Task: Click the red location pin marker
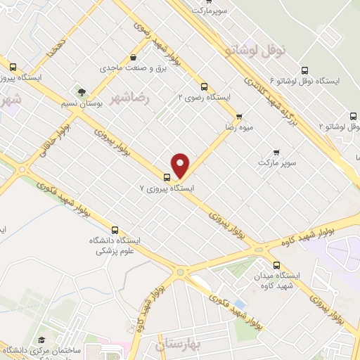pyautogui.click(x=181, y=165)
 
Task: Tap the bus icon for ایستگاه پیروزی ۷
pyautogui.click(x=167, y=176)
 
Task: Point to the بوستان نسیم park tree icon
pyautogui.click(x=82, y=91)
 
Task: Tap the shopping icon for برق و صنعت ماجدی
pyautogui.click(x=133, y=58)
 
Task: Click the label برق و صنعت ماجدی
pyautogui.click(x=127, y=68)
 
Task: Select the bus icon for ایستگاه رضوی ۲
pyautogui.click(x=204, y=87)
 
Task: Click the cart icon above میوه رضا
pyautogui.click(x=238, y=117)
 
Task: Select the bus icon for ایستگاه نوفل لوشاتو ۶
pyautogui.click(x=304, y=70)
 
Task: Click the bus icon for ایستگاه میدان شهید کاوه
pyautogui.click(x=276, y=265)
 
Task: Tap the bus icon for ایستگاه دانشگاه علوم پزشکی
pyautogui.click(x=115, y=229)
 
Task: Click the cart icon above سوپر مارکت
pyautogui.click(x=276, y=152)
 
